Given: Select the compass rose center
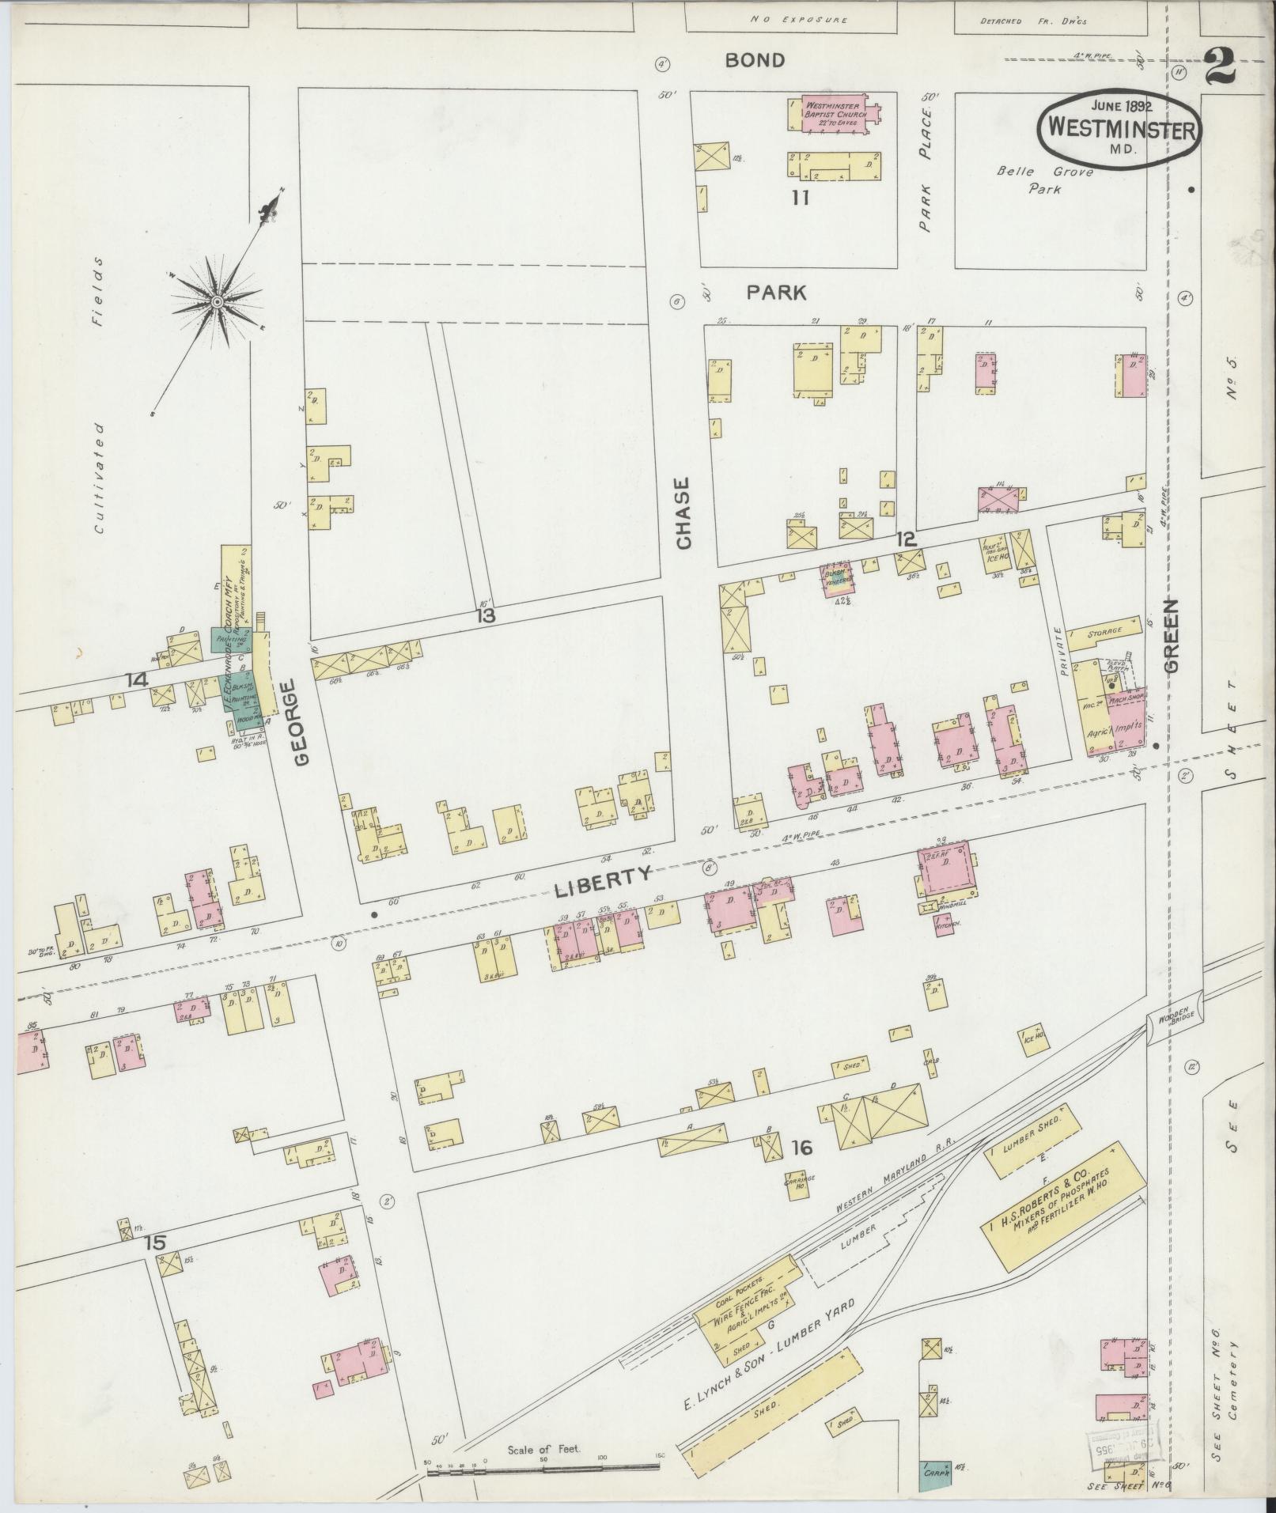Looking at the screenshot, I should point(216,301).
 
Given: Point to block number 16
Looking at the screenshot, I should point(801,1148).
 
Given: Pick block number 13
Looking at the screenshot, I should point(485,615).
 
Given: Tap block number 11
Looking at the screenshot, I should point(801,198).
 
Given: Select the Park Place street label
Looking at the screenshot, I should point(927,170).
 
